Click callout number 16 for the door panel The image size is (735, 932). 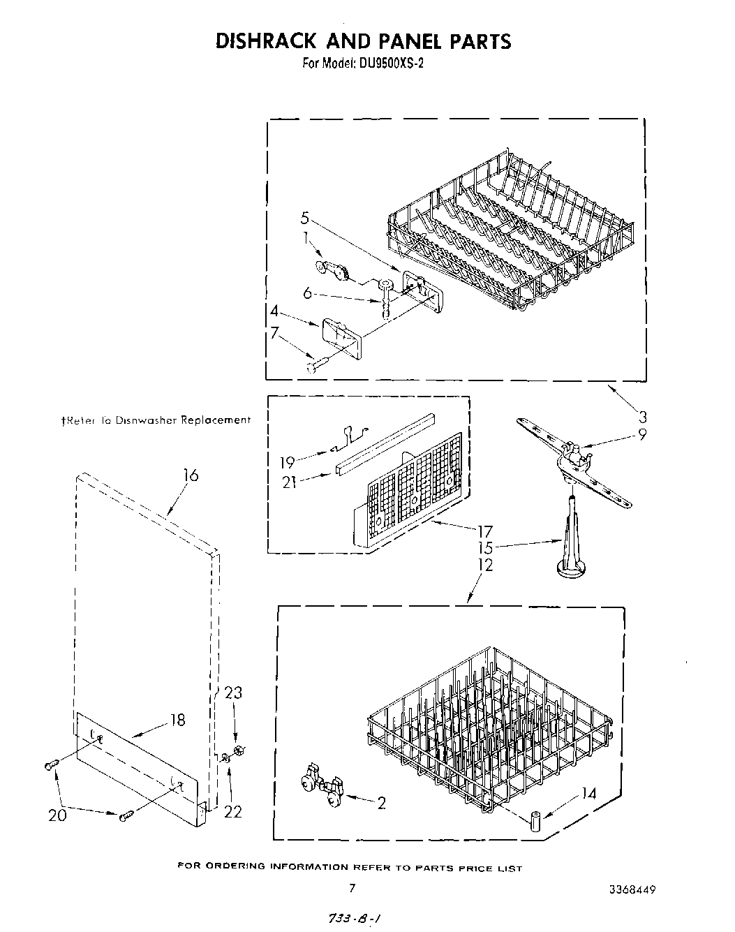coord(191,475)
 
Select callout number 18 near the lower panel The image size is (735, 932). coord(178,720)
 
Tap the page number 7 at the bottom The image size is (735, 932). coord(352,889)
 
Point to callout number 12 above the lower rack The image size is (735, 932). coord(485,565)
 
